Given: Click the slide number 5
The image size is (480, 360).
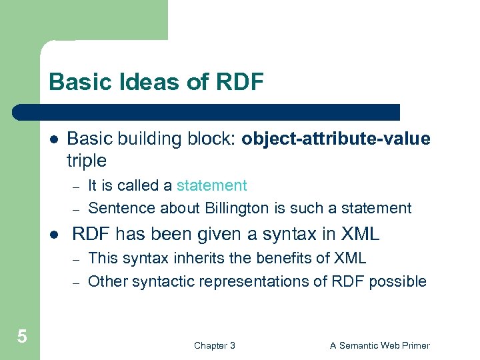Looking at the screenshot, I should coord(22,337).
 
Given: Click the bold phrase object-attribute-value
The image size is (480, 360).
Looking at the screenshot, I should coord(336,139).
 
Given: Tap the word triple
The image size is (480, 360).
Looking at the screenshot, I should coord(87,161).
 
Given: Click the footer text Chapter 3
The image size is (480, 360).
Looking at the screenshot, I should coord(214,345).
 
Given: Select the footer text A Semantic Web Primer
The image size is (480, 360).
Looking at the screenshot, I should coord(380,345).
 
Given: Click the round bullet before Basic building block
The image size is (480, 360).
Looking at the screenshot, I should coord(53,139).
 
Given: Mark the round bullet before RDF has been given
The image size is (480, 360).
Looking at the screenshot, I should coord(53,235).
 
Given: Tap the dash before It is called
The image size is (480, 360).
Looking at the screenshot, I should coord(76,186).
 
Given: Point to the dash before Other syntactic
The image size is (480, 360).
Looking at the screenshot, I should coord(76,282).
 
